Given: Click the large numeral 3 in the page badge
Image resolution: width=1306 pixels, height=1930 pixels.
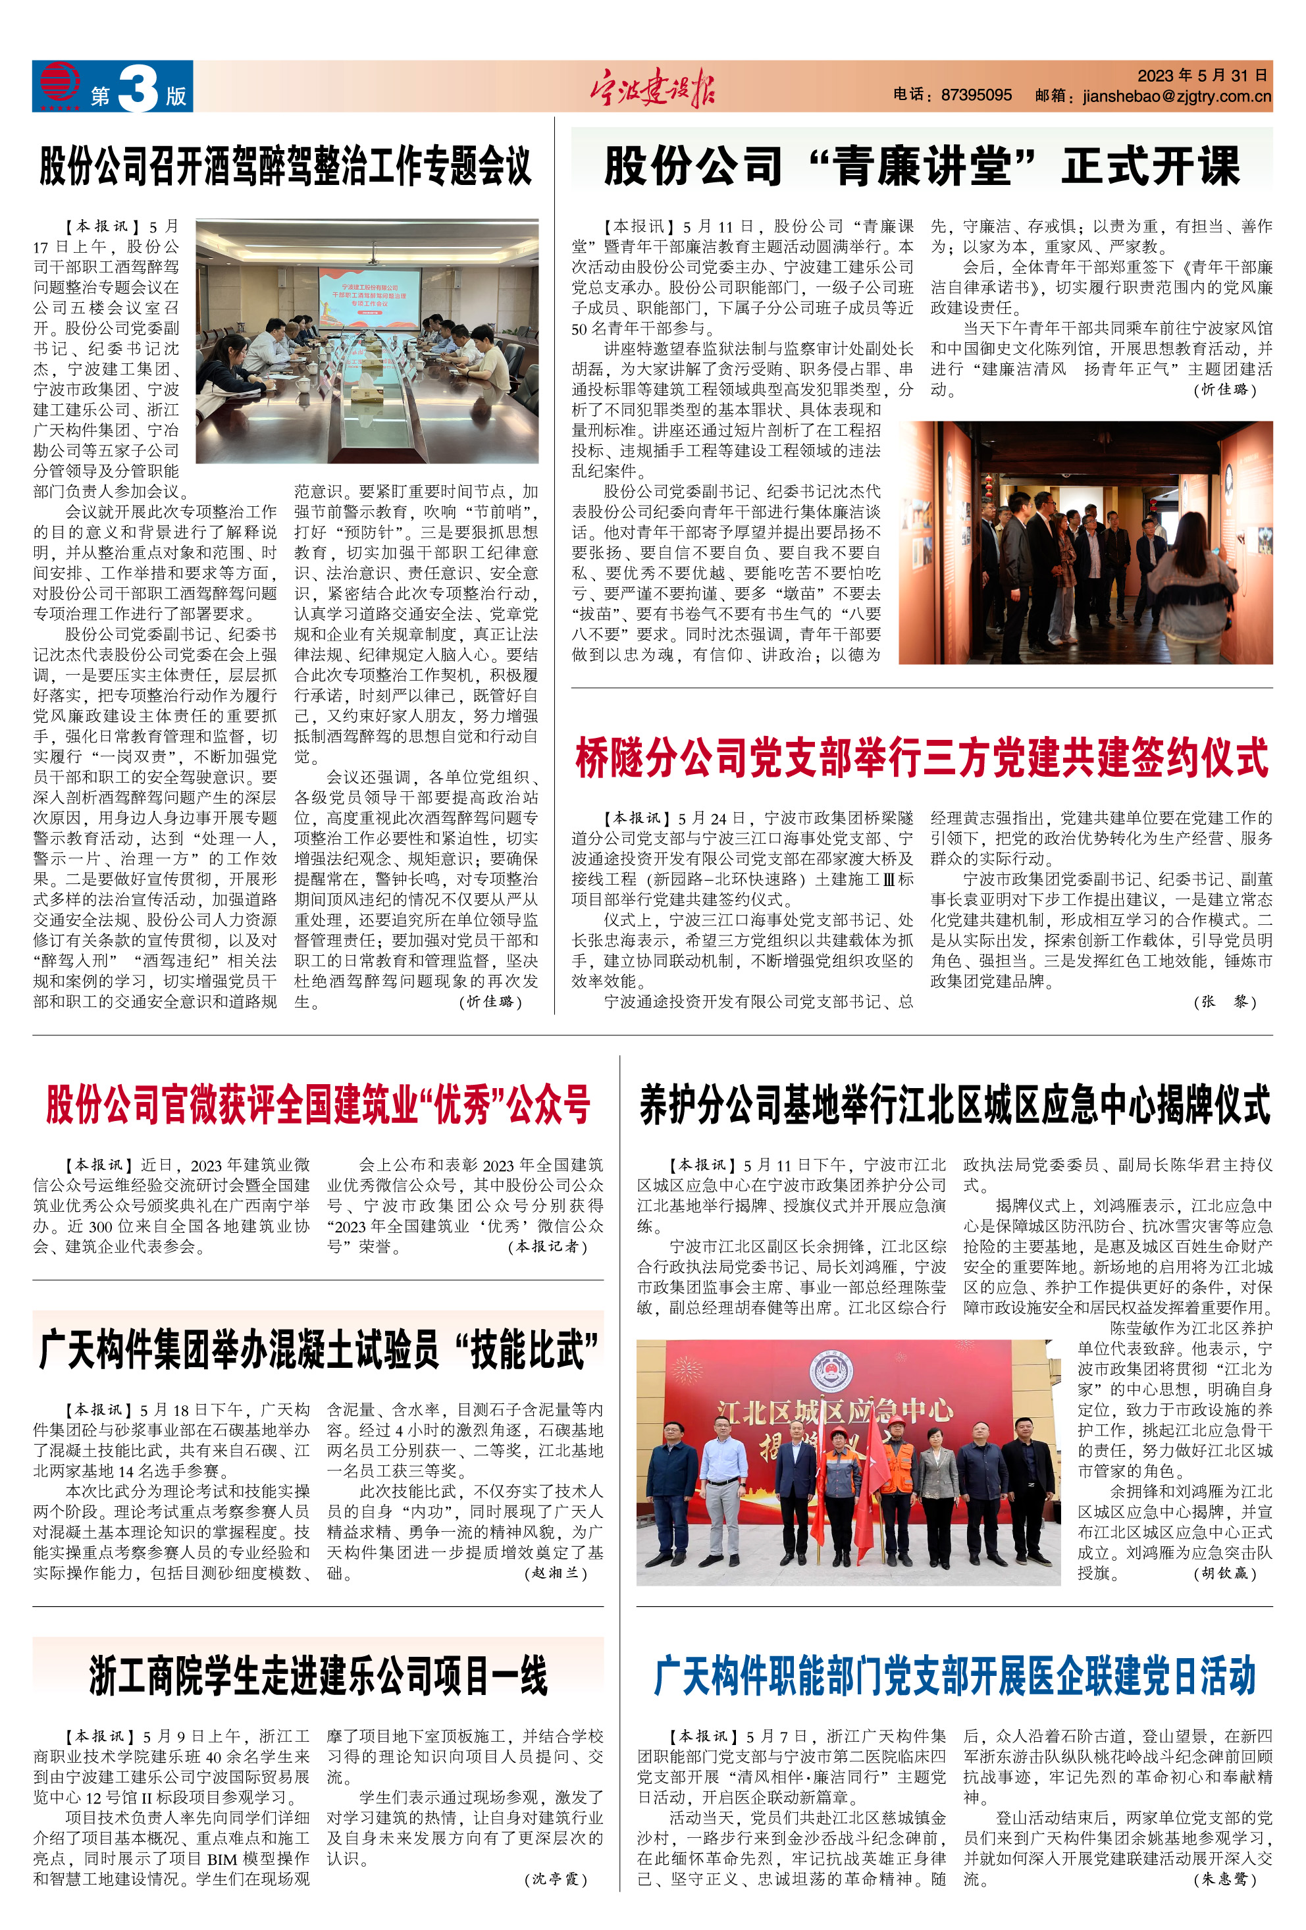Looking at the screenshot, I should click(x=138, y=88).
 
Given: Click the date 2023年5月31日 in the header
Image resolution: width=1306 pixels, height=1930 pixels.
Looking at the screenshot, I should click(x=1201, y=76).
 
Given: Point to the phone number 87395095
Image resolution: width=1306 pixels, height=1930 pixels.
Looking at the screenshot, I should click(x=976, y=95).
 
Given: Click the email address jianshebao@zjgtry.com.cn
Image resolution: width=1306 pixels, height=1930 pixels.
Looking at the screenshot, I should click(x=1176, y=96).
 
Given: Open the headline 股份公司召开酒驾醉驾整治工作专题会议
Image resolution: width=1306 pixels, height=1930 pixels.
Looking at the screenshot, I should click(x=286, y=166).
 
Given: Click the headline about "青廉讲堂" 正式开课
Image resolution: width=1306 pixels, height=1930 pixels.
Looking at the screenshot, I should click(x=922, y=166).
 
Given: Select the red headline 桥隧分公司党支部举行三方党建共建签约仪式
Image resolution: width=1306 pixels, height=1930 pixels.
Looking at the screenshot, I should click(x=922, y=758).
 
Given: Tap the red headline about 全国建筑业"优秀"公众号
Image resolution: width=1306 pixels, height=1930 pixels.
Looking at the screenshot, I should click(x=318, y=1105).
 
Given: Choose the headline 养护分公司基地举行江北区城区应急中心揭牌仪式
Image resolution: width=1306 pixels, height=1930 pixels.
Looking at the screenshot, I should click(x=954, y=1105).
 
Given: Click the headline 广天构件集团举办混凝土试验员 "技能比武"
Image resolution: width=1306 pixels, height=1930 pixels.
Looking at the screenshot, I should click(x=318, y=1349).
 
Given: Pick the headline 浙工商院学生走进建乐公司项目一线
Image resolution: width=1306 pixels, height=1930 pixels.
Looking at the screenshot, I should click(x=318, y=1675).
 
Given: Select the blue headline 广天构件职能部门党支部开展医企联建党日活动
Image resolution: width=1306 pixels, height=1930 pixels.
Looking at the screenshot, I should click(x=954, y=1675).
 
